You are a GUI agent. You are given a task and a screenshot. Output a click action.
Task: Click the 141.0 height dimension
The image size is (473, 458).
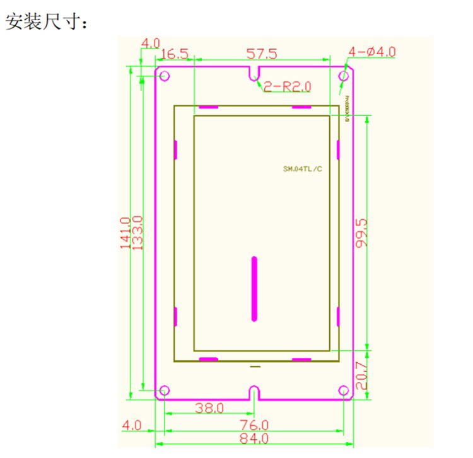pyautogui.click(x=125, y=233)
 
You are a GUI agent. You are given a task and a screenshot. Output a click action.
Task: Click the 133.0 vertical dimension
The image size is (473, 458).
pyautogui.click(x=137, y=233)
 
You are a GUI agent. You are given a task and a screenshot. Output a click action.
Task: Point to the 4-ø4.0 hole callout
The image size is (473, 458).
pyautogui.click(x=371, y=52)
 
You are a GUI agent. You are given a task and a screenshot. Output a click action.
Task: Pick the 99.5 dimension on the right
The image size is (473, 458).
pyautogui.click(x=361, y=233)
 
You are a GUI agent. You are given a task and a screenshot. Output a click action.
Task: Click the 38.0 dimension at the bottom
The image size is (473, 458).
pyautogui.click(x=209, y=408)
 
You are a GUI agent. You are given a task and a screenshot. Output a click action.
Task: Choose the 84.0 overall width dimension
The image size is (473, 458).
pyautogui.click(x=255, y=438)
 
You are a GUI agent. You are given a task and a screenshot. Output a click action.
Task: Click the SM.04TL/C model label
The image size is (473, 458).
pyautogui.click(x=303, y=169)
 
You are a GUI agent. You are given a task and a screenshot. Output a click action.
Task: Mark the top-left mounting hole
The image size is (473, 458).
pyautogui.click(x=164, y=76)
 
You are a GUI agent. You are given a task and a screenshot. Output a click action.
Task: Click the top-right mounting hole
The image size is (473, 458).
pyautogui.click(x=344, y=76)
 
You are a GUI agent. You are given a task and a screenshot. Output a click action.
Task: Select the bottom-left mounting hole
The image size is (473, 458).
pyautogui.click(x=164, y=391)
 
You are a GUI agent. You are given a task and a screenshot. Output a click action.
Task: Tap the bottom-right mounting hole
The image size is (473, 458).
pyautogui.click(x=344, y=391)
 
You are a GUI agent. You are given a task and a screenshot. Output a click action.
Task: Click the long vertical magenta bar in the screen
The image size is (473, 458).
pyautogui.click(x=254, y=289)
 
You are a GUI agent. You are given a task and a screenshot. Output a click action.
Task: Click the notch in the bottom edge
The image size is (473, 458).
pyautogui.click(x=254, y=392)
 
